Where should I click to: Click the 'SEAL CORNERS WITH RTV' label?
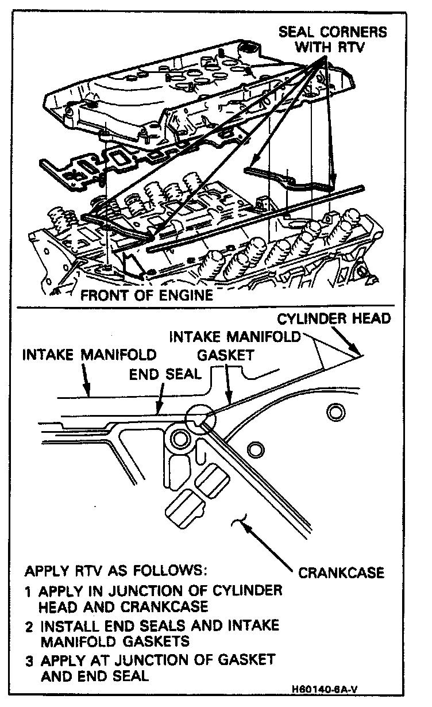[x=333, y=40]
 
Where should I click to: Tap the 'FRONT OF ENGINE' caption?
[x=146, y=295]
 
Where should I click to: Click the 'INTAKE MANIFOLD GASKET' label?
[x=235, y=345]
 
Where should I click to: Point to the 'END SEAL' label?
[x=165, y=374]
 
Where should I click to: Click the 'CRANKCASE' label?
[x=341, y=573]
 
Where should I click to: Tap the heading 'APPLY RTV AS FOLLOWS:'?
[x=115, y=572]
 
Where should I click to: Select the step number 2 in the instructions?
[x=29, y=625]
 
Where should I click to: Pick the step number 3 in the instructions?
[x=29, y=659]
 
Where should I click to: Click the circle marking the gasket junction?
[x=201, y=421]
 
